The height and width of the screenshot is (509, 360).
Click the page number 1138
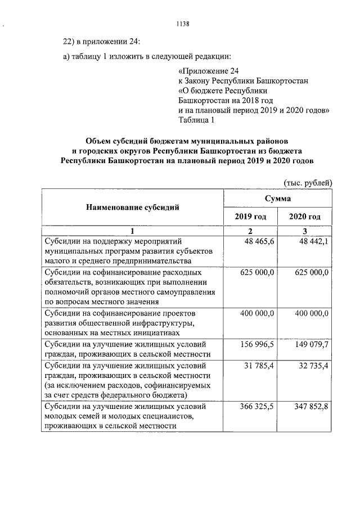(183, 24)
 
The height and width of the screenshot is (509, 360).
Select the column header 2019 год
(250, 217)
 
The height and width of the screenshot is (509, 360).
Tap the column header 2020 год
(305, 217)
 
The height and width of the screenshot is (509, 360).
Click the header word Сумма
(278, 199)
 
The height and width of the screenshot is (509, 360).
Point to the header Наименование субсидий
(132, 207)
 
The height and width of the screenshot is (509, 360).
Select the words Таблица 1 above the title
(196, 120)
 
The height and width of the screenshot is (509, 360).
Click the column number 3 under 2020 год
(305, 231)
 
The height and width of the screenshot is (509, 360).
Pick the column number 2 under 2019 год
(250, 231)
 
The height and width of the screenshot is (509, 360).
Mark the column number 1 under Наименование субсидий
(132, 231)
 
